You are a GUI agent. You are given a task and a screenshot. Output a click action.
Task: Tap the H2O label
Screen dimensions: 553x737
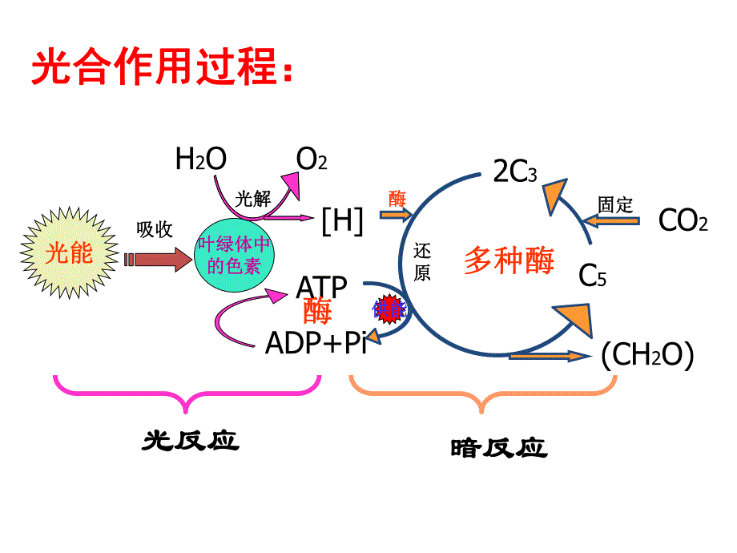click(200, 159)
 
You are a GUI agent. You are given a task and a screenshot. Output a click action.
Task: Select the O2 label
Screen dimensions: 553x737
click(312, 159)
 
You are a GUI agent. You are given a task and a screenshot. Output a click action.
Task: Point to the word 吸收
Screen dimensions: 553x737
click(155, 229)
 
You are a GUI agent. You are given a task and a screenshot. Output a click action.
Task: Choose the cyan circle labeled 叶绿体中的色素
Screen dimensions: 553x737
click(235, 256)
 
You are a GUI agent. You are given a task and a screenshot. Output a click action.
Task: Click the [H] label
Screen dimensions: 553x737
click(342, 220)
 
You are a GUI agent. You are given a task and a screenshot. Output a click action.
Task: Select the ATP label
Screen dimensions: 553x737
click(322, 287)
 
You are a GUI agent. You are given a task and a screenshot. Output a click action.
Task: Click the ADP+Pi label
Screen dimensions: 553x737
click(316, 342)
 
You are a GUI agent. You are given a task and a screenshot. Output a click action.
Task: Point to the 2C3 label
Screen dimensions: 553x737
click(514, 172)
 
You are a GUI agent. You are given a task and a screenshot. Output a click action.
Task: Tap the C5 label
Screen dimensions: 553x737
click(593, 276)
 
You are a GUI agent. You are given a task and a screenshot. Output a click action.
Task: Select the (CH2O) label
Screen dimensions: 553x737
click(647, 355)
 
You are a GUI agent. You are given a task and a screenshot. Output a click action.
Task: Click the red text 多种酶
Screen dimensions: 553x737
click(509, 260)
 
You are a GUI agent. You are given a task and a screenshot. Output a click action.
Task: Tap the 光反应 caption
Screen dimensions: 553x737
click(191, 440)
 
